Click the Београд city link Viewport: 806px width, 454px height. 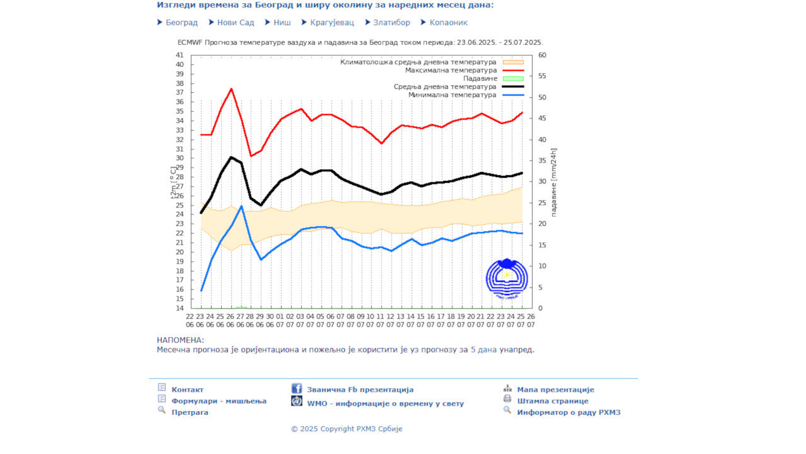pos(181,23)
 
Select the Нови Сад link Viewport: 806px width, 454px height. pos(236,23)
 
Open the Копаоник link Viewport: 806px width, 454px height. pos(448,23)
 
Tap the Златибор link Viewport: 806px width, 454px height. pos(391,23)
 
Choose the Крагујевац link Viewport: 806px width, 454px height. pos(332,23)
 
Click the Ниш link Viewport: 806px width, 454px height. pos(282,23)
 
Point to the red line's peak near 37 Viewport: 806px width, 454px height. pos(231,89)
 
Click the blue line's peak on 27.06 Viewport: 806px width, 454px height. pos(241,206)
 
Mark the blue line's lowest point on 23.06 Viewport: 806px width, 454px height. pos(201,291)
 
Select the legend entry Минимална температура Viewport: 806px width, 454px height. pos(452,95)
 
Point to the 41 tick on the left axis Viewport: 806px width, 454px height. pos(179,55)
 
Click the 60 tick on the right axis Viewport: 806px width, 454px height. pos(542,55)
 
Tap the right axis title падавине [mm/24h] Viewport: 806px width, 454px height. pos(554,182)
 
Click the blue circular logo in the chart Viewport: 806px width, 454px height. pos(507,279)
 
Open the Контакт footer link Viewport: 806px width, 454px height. pos(188,390)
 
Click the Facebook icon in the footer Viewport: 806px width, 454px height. pos(297,389)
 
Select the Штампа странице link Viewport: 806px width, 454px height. pos(553,401)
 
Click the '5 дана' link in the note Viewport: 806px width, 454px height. pos(484,349)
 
